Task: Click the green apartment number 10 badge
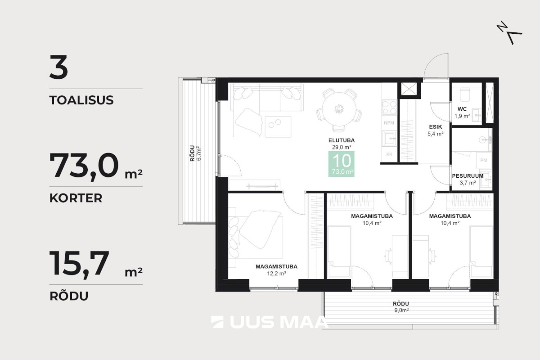click(x=342, y=164)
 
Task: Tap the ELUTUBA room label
click(x=342, y=140)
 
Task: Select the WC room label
click(x=462, y=109)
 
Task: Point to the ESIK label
click(x=436, y=127)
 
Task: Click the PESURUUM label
click(x=468, y=176)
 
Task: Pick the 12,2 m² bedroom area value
click(x=276, y=274)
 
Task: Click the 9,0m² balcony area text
click(x=401, y=310)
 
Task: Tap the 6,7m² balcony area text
click(x=199, y=153)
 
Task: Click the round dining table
click(x=339, y=109)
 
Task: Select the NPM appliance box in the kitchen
click(x=389, y=123)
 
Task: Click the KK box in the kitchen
click(x=389, y=154)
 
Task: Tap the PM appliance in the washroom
click(x=484, y=160)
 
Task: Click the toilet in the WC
click(x=464, y=94)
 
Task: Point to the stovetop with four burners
click(x=389, y=108)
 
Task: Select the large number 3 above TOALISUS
click(x=58, y=67)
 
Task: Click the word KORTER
click(x=76, y=198)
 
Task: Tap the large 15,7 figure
click(x=80, y=264)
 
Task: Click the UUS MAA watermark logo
click(x=270, y=322)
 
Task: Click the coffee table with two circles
click(x=278, y=126)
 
